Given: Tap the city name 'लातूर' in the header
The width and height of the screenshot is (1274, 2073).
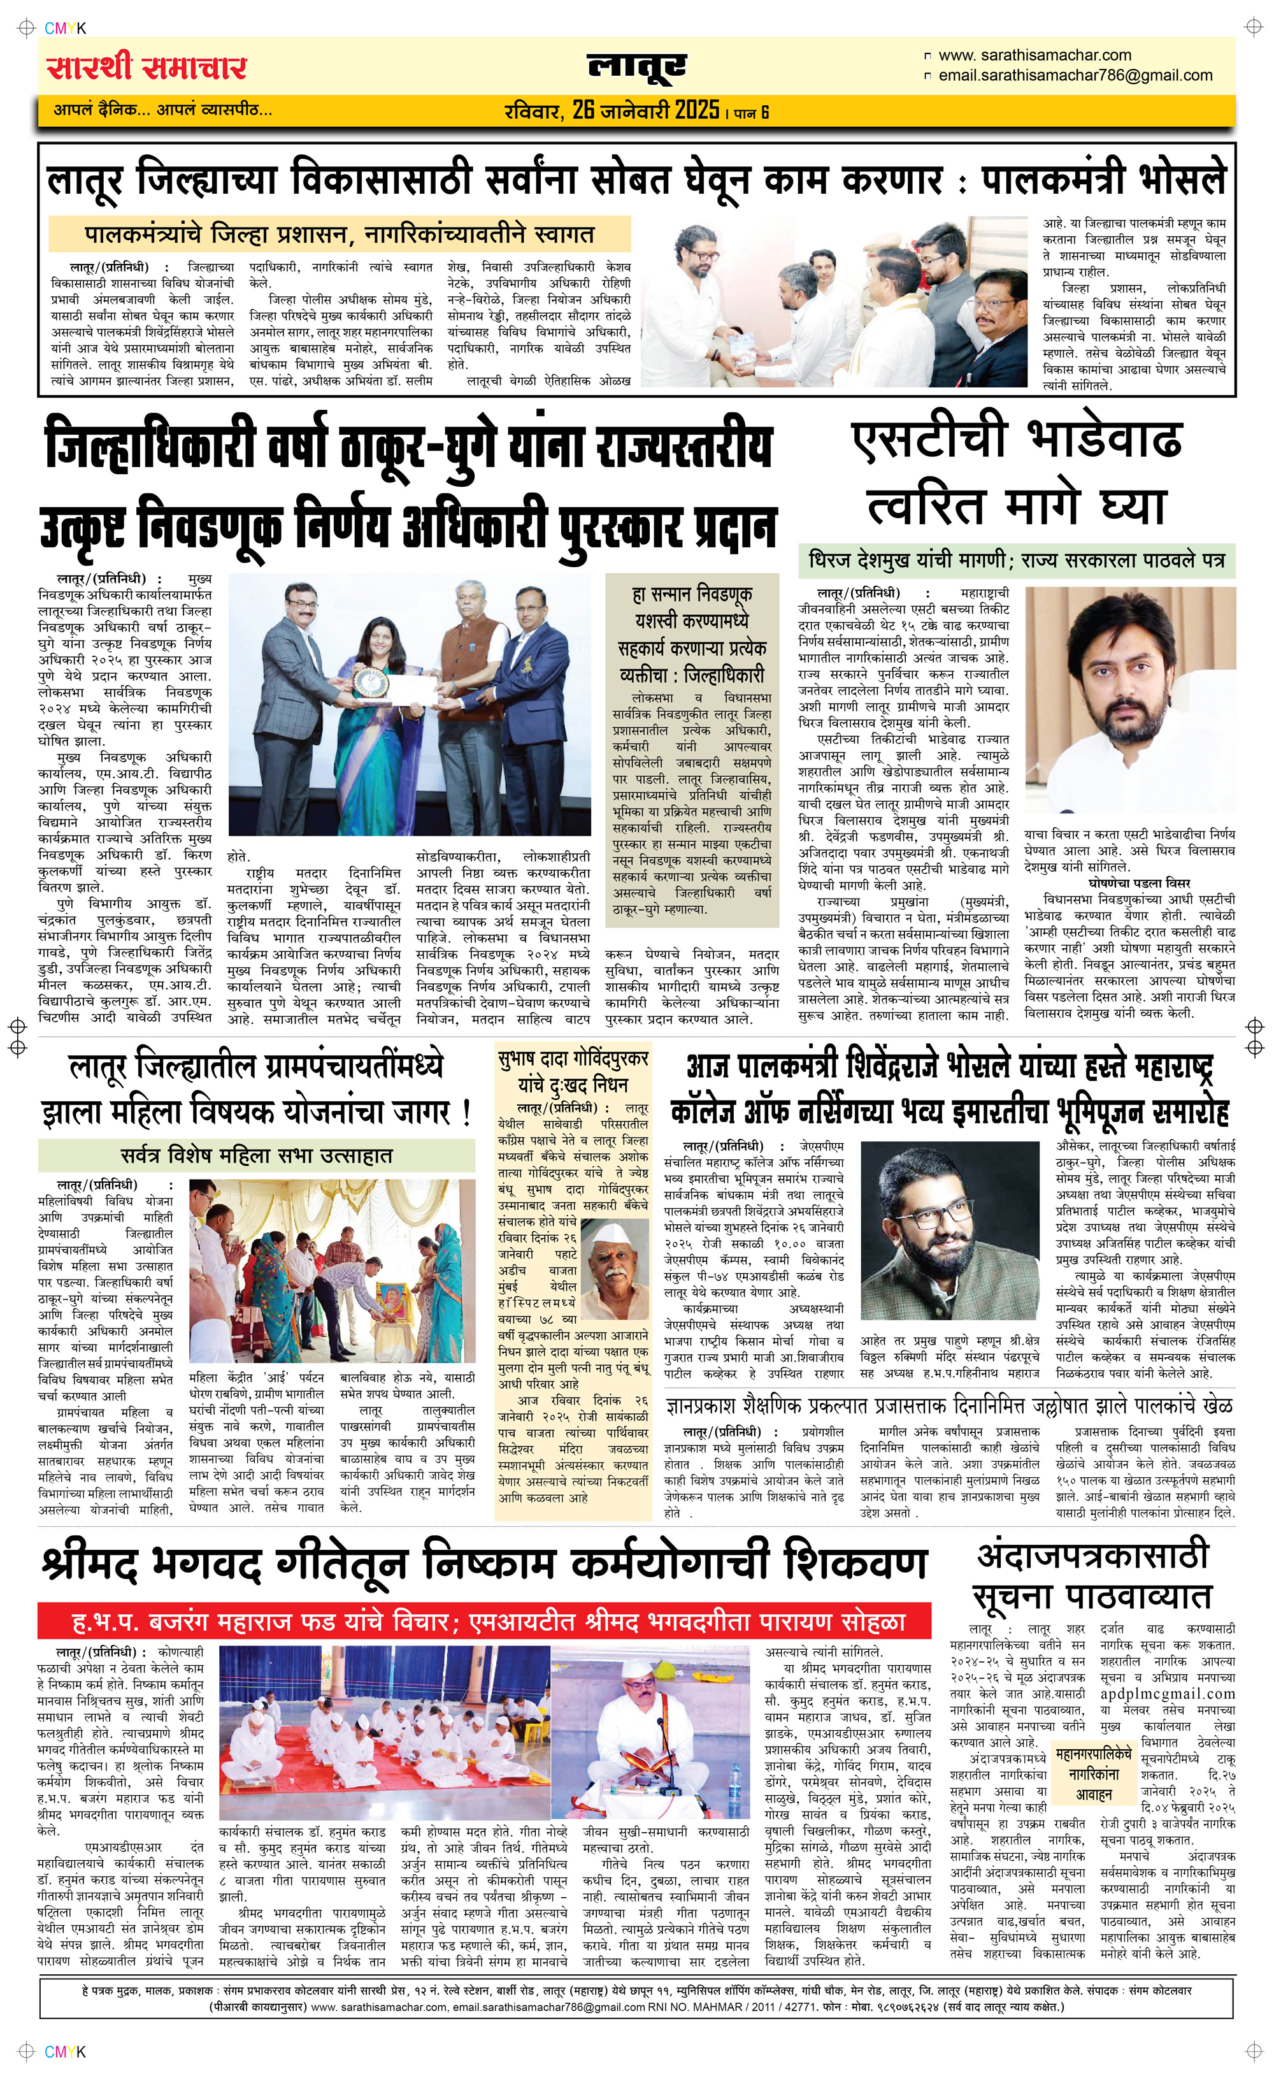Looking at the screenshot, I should click(x=636, y=68).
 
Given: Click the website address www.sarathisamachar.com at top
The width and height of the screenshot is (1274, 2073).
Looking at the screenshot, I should click(x=1034, y=55).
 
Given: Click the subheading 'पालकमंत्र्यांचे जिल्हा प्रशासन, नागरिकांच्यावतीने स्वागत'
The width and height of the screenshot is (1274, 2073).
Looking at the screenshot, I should click(x=340, y=235).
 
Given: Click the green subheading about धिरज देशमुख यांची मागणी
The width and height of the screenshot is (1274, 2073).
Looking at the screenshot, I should click(x=1016, y=560).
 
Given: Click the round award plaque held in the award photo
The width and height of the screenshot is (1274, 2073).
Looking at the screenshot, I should click(x=370, y=683).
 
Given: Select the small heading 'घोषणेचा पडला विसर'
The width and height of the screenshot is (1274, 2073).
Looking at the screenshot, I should click(x=1138, y=883).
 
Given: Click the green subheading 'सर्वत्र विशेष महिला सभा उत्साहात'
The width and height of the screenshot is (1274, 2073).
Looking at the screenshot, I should click(x=257, y=1155).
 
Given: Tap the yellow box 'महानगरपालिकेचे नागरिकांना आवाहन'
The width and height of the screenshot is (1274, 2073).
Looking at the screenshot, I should click(x=1093, y=1775).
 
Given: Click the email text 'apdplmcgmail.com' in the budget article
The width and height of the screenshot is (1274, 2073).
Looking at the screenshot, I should click(x=1167, y=1694).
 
